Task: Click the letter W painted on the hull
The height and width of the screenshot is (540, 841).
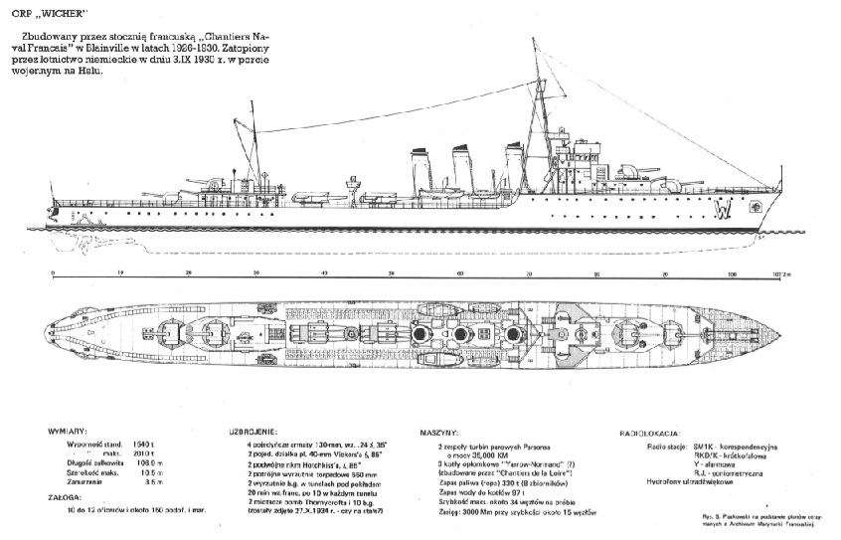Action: click(725, 210)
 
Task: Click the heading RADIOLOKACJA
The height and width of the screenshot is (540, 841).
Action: click(650, 435)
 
